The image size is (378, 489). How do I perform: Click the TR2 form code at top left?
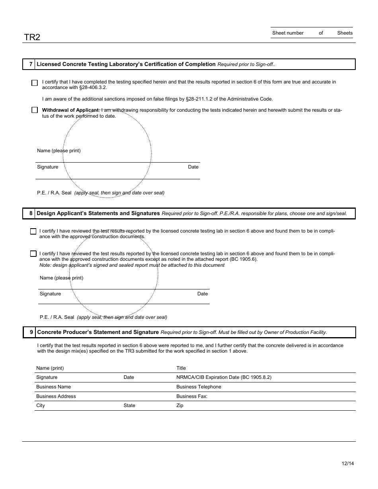pyautogui.click(x=32, y=37)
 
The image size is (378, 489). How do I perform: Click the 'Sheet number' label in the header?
pyautogui.click(x=288, y=33)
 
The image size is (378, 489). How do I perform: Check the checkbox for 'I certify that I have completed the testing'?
pyautogui.click(x=35, y=83)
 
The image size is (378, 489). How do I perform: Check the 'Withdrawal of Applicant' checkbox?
pyautogui.click(x=35, y=110)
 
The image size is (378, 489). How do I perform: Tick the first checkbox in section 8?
pyautogui.click(x=33, y=231)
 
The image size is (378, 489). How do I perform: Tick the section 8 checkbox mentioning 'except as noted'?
pyautogui.click(x=33, y=254)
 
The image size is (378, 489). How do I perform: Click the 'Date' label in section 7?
pyautogui.click(x=193, y=167)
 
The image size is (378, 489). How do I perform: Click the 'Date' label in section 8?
pyautogui.click(x=203, y=294)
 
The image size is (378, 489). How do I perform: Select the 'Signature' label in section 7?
pyautogui.click(x=47, y=167)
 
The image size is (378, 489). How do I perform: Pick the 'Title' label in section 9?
pyautogui.click(x=181, y=368)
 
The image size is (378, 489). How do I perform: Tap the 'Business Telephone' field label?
pyautogui.click(x=199, y=387)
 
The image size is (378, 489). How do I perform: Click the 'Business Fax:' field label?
pyautogui.click(x=192, y=396)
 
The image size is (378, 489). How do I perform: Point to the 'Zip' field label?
pyautogui.click(x=180, y=406)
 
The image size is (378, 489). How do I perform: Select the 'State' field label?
pyautogui.click(x=129, y=406)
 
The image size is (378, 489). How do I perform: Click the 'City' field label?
pyautogui.click(x=41, y=406)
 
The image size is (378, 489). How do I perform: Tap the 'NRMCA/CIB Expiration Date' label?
pyautogui.click(x=224, y=377)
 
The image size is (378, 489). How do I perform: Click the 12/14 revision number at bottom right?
pyautogui.click(x=347, y=464)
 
